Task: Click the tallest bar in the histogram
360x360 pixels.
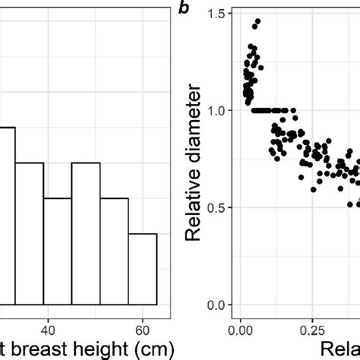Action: tap(7, 216)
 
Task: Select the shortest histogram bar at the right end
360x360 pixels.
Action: tap(142, 269)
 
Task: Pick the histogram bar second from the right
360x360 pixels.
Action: tap(114, 251)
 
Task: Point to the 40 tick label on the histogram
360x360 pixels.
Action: tap(48, 321)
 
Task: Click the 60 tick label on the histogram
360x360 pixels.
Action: tap(142, 321)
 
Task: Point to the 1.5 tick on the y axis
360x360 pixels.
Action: tap(215, 13)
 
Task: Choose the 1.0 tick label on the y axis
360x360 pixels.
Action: tap(215, 110)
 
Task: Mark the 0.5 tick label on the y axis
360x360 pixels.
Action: tap(215, 207)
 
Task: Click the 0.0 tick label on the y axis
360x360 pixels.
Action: tap(215, 305)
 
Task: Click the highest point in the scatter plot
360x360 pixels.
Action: tap(257, 21)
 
